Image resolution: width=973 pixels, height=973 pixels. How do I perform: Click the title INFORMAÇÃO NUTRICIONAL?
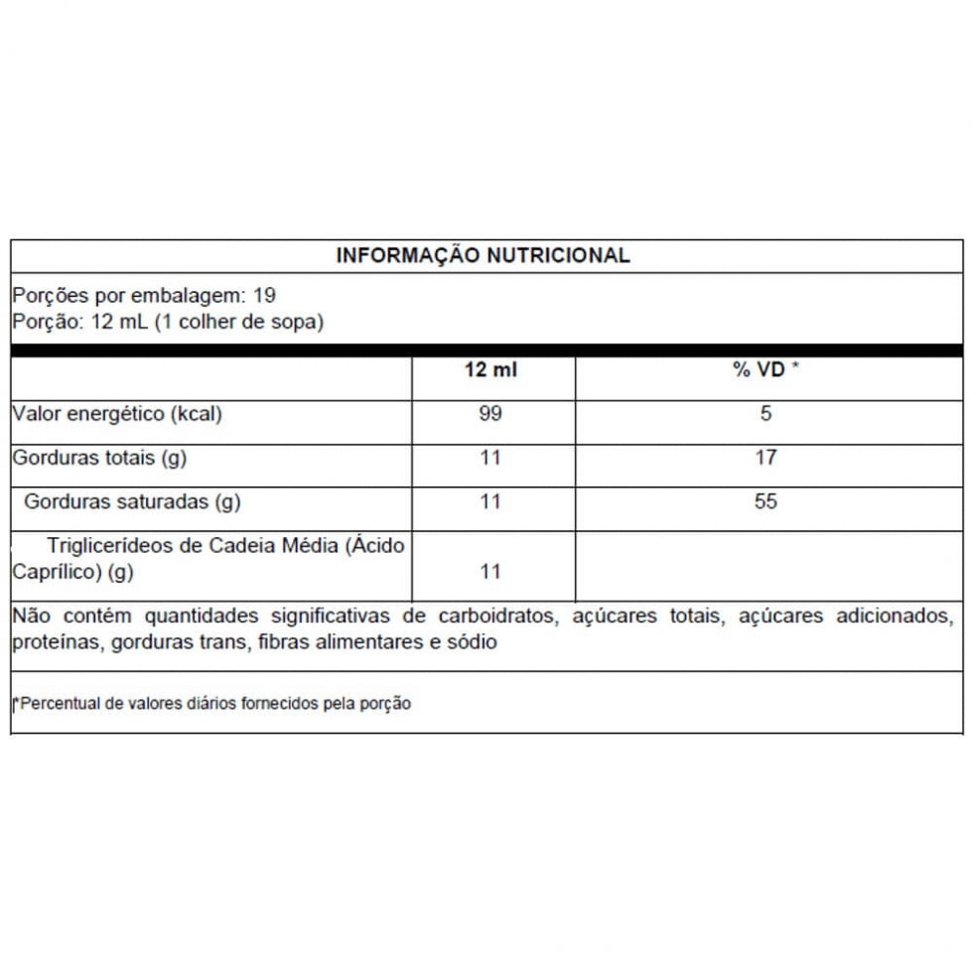(x=483, y=255)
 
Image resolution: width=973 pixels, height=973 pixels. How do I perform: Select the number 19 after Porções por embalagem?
(x=264, y=296)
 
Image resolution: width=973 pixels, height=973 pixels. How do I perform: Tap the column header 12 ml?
(x=490, y=370)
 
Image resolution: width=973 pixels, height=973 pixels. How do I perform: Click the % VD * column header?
(x=765, y=370)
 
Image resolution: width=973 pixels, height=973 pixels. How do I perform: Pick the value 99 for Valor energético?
(x=490, y=413)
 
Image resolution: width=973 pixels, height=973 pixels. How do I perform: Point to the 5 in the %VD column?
(x=765, y=413)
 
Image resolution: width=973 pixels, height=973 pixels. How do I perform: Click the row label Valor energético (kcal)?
(x=117, y=414)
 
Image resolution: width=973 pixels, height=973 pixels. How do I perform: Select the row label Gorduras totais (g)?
(x=99, y=458)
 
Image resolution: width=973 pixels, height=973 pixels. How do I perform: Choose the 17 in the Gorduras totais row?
(x=765, y=458)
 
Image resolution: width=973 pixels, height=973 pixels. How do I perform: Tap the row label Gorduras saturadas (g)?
(x=132, y=501)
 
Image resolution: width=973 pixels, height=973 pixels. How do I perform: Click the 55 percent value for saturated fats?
(x=765, y=501)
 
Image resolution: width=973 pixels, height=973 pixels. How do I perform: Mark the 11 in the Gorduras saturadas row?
(x=490, y=501)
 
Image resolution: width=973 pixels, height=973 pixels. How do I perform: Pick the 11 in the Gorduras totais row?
(x=490, y=458)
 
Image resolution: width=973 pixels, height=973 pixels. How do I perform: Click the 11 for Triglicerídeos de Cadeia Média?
(x=490, y=572)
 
